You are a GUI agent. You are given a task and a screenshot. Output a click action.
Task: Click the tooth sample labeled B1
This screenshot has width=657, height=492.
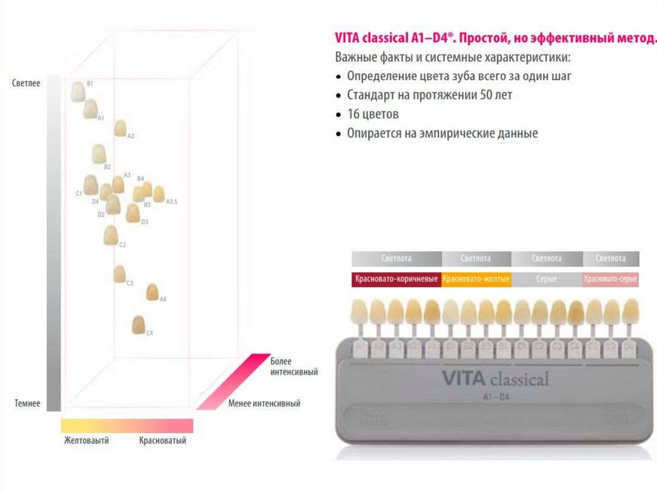(x=78, y=91)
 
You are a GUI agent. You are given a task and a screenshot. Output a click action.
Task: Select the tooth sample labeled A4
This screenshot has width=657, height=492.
(x=153, y=292)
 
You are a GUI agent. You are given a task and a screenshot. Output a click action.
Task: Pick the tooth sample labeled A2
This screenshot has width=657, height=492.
(x=120, y=128)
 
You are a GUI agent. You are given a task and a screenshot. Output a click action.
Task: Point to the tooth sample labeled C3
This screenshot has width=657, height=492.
(x=119, y=274)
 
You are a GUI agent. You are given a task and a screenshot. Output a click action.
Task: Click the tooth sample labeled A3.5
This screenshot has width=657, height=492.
(x=158, y=194)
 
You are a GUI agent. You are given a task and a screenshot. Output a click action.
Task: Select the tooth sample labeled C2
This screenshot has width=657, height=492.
(x=110, y=235)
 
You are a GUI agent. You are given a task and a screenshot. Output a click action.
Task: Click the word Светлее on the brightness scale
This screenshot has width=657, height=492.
(x=26, y=83)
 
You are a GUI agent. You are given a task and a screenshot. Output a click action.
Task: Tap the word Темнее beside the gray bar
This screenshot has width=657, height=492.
(x=27, y=403)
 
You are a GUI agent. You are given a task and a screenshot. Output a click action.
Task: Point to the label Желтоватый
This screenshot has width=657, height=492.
(x=86, y=441)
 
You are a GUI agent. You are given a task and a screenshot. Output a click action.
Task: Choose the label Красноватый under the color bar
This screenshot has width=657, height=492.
(x=162, y=441)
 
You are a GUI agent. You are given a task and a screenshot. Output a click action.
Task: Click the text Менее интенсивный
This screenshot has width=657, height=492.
(x=264, y=403)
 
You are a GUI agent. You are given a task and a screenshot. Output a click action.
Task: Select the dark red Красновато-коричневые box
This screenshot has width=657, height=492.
(x=396, y=279)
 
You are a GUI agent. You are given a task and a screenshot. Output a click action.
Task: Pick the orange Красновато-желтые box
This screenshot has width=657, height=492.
(x=476, y=279)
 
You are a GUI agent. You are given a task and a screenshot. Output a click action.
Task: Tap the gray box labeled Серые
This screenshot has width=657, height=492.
(x=547, y=279)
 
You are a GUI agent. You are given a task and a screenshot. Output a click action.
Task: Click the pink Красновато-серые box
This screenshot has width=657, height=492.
(x=611, y=279)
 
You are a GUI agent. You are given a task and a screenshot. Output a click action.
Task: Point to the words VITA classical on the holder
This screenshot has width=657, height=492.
(x=495, y=378)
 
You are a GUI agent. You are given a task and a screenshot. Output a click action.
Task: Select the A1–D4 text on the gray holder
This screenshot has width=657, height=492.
(x=495, y=397)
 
